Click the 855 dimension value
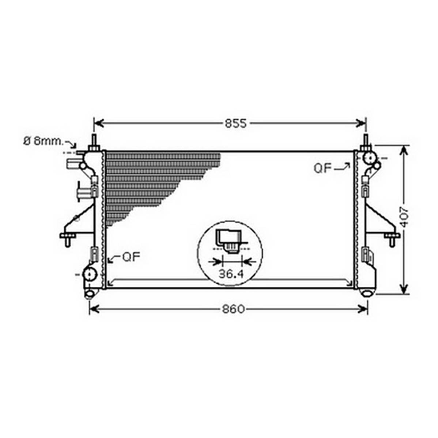click(x=236, y=123)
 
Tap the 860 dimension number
click(x=234, y=309)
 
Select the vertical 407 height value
click(x=404, y=216)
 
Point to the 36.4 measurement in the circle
click(x=231, y=274)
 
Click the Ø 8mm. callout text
click(x=44, y=141)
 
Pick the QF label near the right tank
click(x=322, y=169)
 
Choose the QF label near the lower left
click(x=131, y=257)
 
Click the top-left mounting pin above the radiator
click(x=94, y=143)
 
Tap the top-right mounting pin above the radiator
click(x=366, y=143)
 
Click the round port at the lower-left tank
click(x=90, y=274)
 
